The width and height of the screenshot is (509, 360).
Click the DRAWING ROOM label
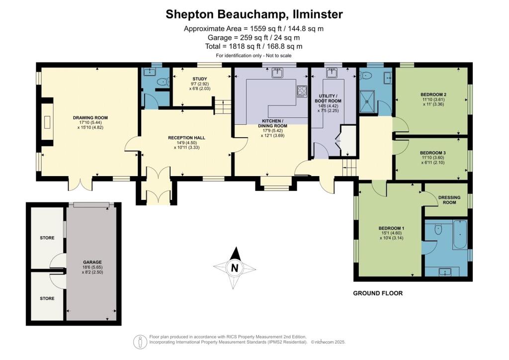[x=90, y=118]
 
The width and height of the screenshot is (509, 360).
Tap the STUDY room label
[x=200, y=79]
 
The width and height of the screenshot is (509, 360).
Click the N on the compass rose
[x=235, y=268]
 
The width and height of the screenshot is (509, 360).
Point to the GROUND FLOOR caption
[x=378, y=293]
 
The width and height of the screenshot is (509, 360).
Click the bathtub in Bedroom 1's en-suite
[x=460, y=235]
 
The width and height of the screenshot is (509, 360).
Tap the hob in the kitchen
[x=302, y=91]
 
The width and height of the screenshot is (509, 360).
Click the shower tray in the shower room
[x=367, y=101]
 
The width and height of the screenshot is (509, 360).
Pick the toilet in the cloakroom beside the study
[x=163, y=82]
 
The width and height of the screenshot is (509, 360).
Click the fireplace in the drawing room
[x=47, y=122]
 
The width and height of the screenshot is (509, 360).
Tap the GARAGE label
[x=92, y=262]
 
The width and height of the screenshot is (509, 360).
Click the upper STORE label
[x=47, y=238]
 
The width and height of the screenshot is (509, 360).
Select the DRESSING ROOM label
[x=449, y=199]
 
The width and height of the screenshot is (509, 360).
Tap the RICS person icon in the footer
[x=140, y=342]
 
